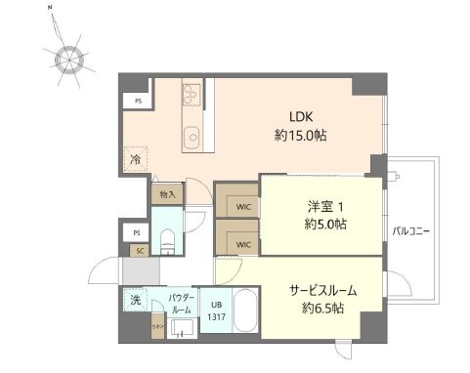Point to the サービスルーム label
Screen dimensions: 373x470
click(x=321, y=290)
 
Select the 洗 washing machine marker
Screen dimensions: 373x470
click(x=133, y=301)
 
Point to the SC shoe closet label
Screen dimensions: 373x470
click(x=140, y=250)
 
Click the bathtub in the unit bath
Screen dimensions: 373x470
click(x=244, y=315)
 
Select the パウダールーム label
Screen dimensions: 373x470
click(x=180, y=302)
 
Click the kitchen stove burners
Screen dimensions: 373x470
click(x=191, y=94)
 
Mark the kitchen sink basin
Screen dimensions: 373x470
click(x=191, y=135)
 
